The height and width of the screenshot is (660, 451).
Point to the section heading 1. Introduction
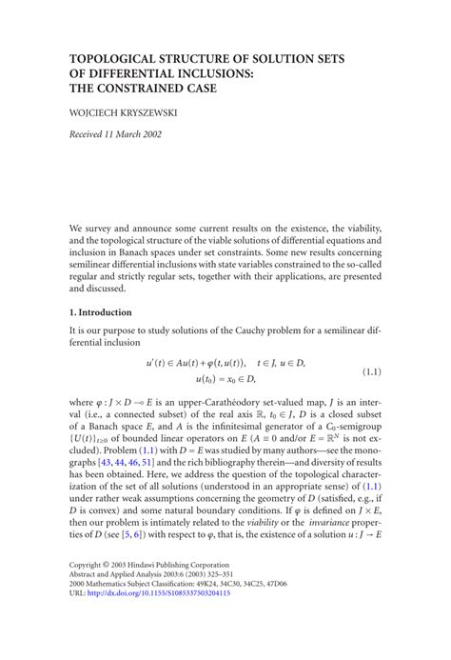(100, 311)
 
